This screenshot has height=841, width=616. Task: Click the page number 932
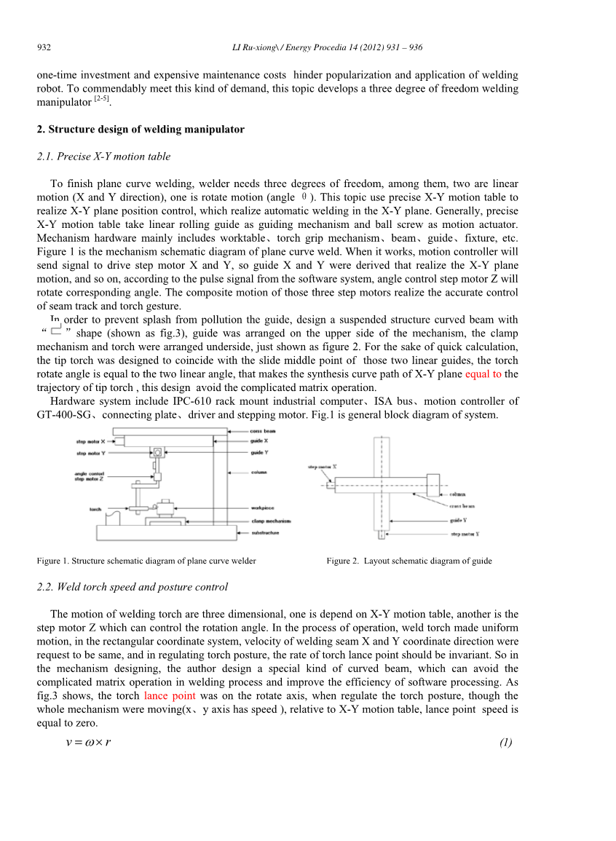click(x=44, y=48)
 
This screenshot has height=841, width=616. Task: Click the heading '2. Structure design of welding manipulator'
click(x=141, y=130)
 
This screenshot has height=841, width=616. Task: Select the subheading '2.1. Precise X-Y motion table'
click(x=103, y=157)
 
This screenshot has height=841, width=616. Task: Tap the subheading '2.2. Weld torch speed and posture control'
click(x=132, y=587)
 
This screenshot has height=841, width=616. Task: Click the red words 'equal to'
click(x=483, y=374)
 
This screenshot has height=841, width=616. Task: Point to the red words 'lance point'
click(x=170, y=696)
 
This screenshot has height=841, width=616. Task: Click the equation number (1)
click(x=506, y=743)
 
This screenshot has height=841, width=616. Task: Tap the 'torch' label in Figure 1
click(x=95, y=509)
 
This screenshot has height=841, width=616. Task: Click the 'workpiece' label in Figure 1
click(x=263, y=508)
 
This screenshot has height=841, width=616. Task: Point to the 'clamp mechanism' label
click(x=271, y=521)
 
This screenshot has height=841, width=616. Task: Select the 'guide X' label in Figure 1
click(x=259, y=441)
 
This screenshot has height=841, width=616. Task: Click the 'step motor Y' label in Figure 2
click(x=465, y=534)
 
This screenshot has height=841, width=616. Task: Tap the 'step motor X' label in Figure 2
click(x=323, y=466)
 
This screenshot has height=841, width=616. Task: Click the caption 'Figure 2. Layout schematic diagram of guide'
click(x=409, y=561)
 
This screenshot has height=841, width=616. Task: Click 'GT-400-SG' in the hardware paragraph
click(x=67, y=415)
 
